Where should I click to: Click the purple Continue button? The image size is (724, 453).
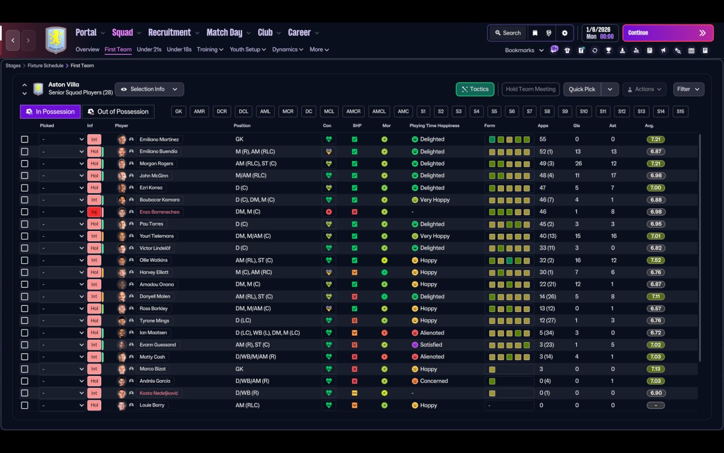pyautogui.click(x=668, y=33)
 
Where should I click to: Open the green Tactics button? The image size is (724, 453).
pyautogui.click(x=475, y=89)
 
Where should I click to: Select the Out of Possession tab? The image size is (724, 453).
pyautogui.click(x=118, y=112)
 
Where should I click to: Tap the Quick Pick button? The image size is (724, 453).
pyautogui.click(x=582, y=89)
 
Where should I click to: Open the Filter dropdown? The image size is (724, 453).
pyautogui.click(x=688, y=89)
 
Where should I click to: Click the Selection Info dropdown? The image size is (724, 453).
pyautogui.click(x=149, y=89)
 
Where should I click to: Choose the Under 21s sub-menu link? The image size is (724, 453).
pyautogui.click(x=149, y=49)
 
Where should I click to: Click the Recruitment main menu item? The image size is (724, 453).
pyautogui.click(x=170, y=32)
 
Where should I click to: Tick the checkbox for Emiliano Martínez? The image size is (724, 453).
pyautogui.click(x=24, y=139)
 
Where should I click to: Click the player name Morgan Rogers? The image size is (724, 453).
pyautogui.click(x=157, y=164)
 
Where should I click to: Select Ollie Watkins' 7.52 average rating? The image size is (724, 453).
pyautogui.click(x=656, y=260)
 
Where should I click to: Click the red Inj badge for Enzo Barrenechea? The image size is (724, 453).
pyautogui.click(x=94, y=212)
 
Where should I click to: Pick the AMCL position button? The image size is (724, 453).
pyautogui.click(x=379, y=112)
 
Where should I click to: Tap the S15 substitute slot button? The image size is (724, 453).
pyautogui.click(x=680, y=112)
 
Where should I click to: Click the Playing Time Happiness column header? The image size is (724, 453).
pyautogui.click(x=434, y=126)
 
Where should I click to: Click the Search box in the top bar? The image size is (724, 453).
pyautogui.click(x=508, y=33)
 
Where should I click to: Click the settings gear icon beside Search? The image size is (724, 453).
pyautogui.click(x=564, y=33)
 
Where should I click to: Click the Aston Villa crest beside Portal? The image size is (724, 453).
pyautogui.click(x=56, y=40)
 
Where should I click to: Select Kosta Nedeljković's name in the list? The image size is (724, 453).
pyautogui.click(x=159, y=393)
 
